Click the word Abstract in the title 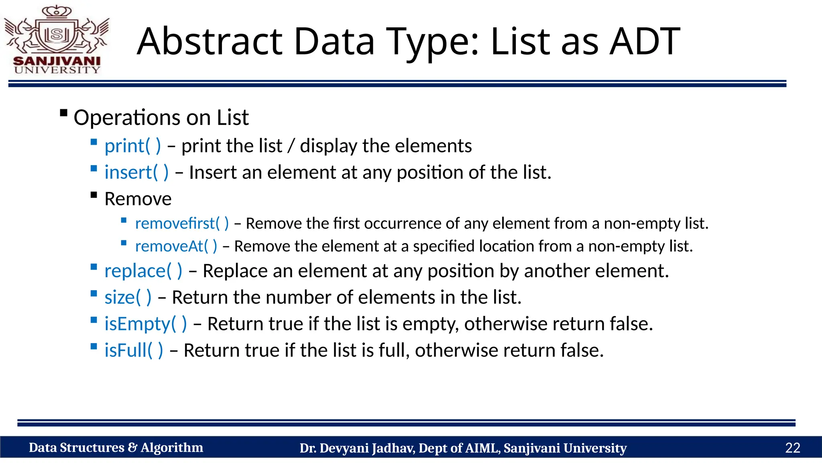coord(210,41)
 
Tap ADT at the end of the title coord(645,41)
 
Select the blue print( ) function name coord(132,146)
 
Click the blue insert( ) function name coord(136,172)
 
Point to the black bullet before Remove coord(94,195)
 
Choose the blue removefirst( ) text coord(182,223)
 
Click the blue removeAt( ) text coord(176,246)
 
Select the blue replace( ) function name coord(143,271)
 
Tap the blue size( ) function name coord(128,297)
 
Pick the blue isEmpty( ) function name coord(146,324)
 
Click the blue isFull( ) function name coord(134,350)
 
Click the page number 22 coord(792,448)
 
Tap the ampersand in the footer coord(132,448)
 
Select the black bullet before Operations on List coord(63,113)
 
